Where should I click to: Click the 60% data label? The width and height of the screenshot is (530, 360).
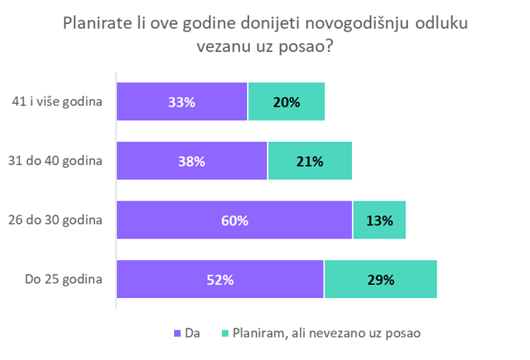coord(234,221)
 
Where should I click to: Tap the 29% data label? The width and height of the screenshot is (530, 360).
coord(381,279)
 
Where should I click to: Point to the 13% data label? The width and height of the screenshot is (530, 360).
coord(380,221)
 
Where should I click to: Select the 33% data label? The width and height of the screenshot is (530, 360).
coord(182,101)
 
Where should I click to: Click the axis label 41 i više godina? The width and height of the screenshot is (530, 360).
coord(58,101)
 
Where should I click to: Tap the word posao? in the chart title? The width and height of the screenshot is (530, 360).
coord(312,47)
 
